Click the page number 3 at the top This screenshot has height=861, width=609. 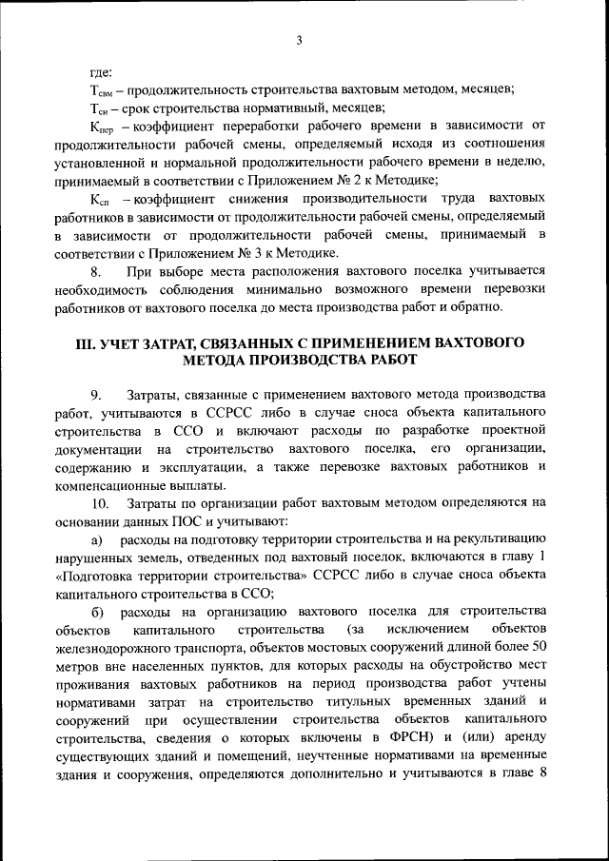click(x=298, y=39)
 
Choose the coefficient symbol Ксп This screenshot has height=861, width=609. click(x=102, y=198)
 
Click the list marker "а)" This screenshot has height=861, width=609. click(x=97, y=538)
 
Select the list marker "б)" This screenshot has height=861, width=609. click(x=97, y=610)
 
